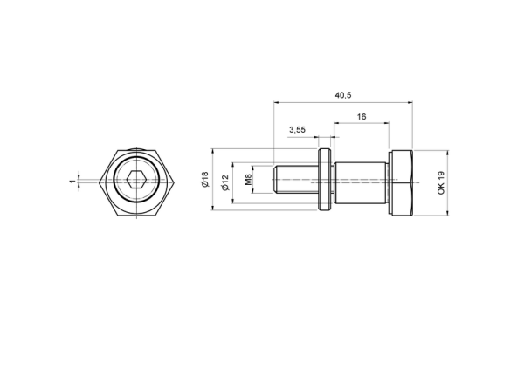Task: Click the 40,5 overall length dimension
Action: (343, 95)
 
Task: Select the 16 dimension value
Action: (362, 117)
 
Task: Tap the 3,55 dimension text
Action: (297, 130)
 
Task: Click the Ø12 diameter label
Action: (225, 182)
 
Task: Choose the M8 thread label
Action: (248, 180)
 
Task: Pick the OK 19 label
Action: (441, 182)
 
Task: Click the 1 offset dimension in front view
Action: (72, 181)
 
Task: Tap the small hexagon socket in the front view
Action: (136, 181)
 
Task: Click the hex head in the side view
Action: (401, 182)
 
